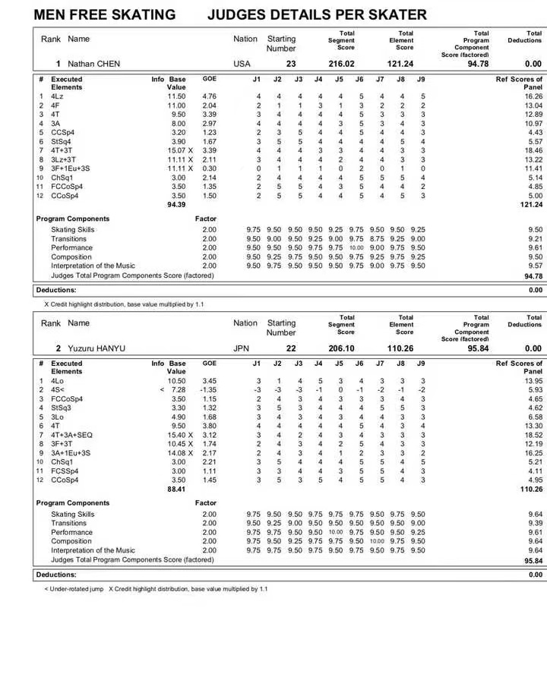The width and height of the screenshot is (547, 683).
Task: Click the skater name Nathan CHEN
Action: coord(94,65)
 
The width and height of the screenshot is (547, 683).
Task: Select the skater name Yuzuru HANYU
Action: coord(96,348)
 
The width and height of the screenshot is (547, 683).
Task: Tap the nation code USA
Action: coord(242,65)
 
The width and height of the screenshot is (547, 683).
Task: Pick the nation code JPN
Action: coord(242,348)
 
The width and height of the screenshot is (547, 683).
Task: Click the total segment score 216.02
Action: coord(341,65)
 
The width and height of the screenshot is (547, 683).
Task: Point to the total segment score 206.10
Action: coord(341,348)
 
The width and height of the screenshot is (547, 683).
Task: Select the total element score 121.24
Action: coord(400,65)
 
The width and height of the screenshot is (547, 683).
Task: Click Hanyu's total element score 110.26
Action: coord(400,348)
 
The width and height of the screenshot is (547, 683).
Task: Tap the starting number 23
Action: coord(291,65)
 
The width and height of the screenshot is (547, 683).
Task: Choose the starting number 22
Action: coord(291,348)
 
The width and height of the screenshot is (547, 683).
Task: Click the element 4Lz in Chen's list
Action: coord(57,96)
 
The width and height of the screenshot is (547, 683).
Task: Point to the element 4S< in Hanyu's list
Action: coord(58,389)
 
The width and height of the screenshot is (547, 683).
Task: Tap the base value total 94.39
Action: coord(176,205)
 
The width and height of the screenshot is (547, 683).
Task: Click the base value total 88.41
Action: coord(176,489)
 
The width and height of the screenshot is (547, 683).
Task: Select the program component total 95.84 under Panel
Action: coord(533,560)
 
